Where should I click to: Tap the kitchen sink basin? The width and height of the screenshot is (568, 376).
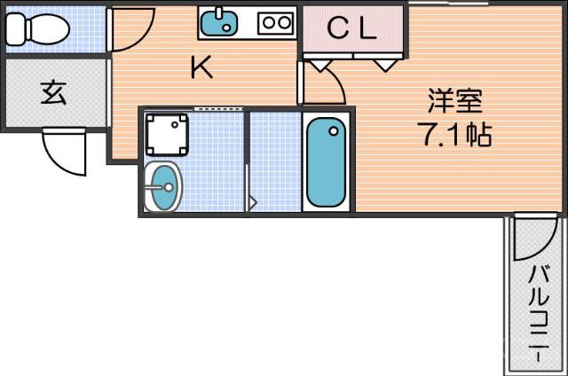218,24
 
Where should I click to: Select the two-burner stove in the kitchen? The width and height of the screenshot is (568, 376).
276,23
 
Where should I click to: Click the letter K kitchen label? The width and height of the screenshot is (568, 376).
203,68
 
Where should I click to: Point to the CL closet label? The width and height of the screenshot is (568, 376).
352,29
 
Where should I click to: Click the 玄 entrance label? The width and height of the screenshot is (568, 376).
53,92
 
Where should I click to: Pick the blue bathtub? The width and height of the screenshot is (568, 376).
327,163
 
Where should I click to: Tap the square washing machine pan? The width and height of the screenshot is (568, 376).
166,133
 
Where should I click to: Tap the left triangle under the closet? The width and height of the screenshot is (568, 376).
318,65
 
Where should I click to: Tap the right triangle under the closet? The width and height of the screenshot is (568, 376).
385,65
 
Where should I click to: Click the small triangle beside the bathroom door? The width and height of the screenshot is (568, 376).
252,203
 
